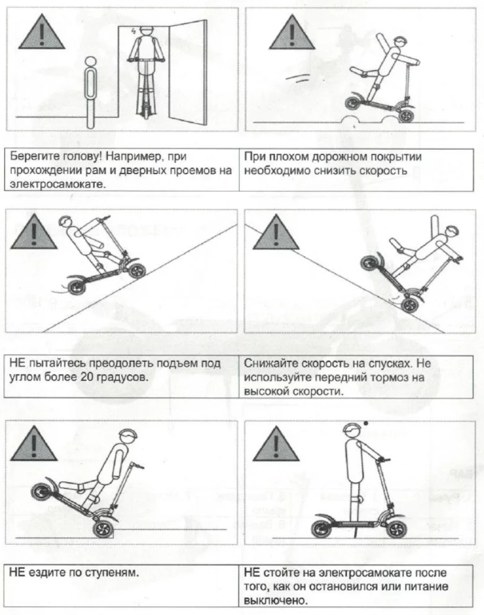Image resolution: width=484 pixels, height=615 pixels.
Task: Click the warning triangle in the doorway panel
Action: [x=42, y=33]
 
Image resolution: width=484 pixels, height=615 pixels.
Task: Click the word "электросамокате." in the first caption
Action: [x=58, y=184]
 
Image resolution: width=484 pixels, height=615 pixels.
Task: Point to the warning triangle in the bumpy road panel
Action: [x=292, y=33]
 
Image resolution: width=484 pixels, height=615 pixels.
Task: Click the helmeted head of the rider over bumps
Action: [x=400, y=42]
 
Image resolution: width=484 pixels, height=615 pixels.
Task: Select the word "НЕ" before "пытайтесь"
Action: [x=17, y=363]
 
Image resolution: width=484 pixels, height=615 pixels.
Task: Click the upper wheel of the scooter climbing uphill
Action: [x=136, y=271]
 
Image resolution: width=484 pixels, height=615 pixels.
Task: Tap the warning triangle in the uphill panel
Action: [x=34, y=232]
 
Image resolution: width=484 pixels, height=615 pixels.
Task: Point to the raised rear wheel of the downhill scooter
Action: [x=370, y=265]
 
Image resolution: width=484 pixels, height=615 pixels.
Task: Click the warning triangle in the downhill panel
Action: [x=276, y=232]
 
